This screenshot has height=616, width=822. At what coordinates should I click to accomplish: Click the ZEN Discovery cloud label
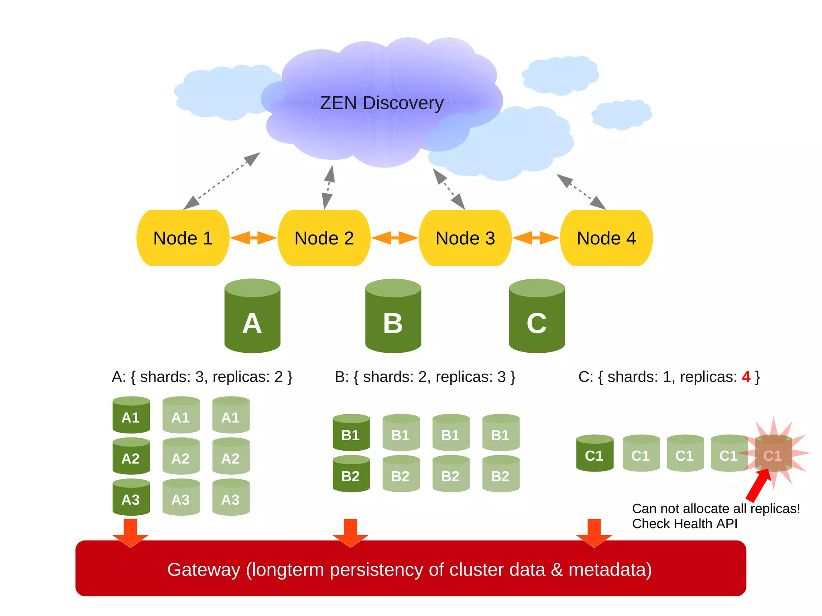pos(382,103)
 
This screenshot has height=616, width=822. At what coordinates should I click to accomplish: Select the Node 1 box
pos(183,238)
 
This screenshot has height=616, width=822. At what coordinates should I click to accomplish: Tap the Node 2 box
pos(324,238)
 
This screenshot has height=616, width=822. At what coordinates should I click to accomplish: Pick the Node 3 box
pos(465,238)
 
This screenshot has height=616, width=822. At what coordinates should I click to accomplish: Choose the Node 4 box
pos(606,238)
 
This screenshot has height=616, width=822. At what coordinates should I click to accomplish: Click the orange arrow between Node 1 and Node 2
pos(253,238)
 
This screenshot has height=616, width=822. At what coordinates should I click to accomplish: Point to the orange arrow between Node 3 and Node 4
pos(536,238)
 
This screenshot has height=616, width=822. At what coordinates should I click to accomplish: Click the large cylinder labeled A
pos(252,317)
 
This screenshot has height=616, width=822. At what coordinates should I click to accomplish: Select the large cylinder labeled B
pos(393,317)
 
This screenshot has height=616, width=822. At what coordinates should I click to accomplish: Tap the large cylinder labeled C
pos(537,317)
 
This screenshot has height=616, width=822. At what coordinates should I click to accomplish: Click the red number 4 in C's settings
pos(746,377)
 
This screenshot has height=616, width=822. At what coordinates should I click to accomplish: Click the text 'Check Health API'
pos(685,524)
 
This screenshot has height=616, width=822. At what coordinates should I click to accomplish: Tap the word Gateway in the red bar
pos(203,569)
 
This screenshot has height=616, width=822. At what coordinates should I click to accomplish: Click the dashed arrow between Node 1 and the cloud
pos(222,181)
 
